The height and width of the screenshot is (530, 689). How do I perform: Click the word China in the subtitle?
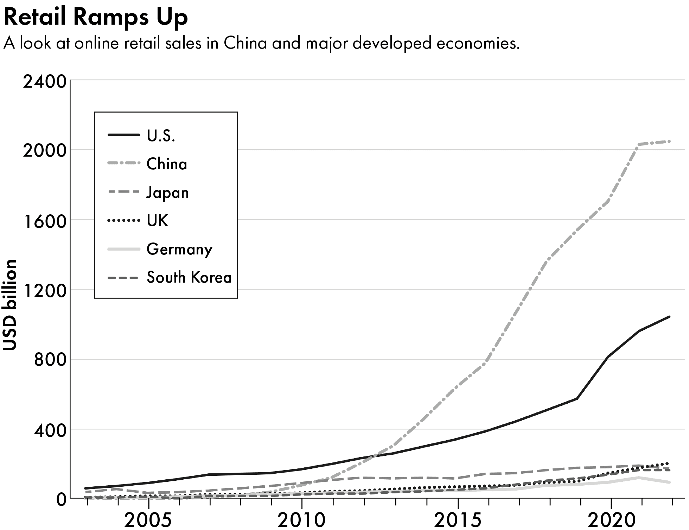tap(245, 43)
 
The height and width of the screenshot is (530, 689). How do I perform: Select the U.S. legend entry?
tap(161, 135)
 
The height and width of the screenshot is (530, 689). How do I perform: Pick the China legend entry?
tap(167, 164)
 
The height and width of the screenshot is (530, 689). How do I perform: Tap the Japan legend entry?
tap(167, 193)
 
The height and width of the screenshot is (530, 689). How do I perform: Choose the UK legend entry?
tap(157, 221)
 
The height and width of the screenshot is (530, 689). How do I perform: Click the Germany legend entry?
tap(179, 249)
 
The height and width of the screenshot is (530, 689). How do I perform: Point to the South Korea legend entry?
tap(189, 277)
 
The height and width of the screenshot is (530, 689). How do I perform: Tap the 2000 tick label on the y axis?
tap(44, 151)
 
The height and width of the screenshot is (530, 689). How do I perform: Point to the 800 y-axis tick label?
tap(50, 360)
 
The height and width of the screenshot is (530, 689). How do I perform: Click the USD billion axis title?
tap(10, 305)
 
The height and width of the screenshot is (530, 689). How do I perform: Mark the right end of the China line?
tap(669, 141)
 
